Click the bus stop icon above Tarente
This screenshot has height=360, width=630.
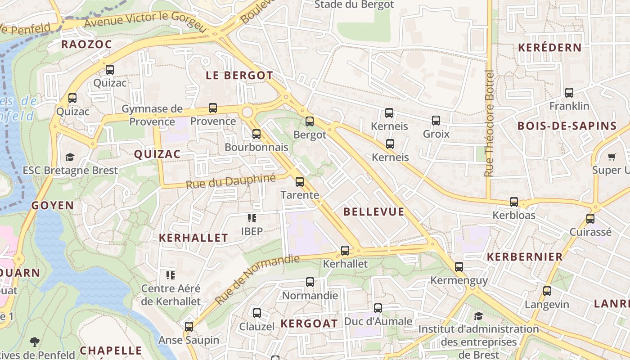299,182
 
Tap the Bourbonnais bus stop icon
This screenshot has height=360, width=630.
256,134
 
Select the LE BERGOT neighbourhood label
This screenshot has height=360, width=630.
239,76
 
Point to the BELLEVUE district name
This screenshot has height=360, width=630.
374,211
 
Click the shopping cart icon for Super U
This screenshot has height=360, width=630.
612,157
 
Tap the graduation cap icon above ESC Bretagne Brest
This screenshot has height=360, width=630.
70,157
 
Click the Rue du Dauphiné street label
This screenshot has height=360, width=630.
230,181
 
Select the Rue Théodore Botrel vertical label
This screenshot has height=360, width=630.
489,123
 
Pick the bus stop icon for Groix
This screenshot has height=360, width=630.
436,121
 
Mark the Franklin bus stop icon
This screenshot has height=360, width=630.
569,93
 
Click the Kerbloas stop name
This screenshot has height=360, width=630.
514,215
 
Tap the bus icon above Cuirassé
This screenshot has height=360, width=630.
590,219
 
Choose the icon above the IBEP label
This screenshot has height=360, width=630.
252,218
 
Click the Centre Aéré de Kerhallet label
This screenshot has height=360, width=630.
171,295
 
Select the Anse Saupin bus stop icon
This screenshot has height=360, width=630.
189,326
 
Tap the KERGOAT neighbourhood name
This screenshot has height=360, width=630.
309,324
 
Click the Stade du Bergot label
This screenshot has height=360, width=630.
354,5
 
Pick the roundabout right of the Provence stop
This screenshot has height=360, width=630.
247,112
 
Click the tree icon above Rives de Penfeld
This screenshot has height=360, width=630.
34,342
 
